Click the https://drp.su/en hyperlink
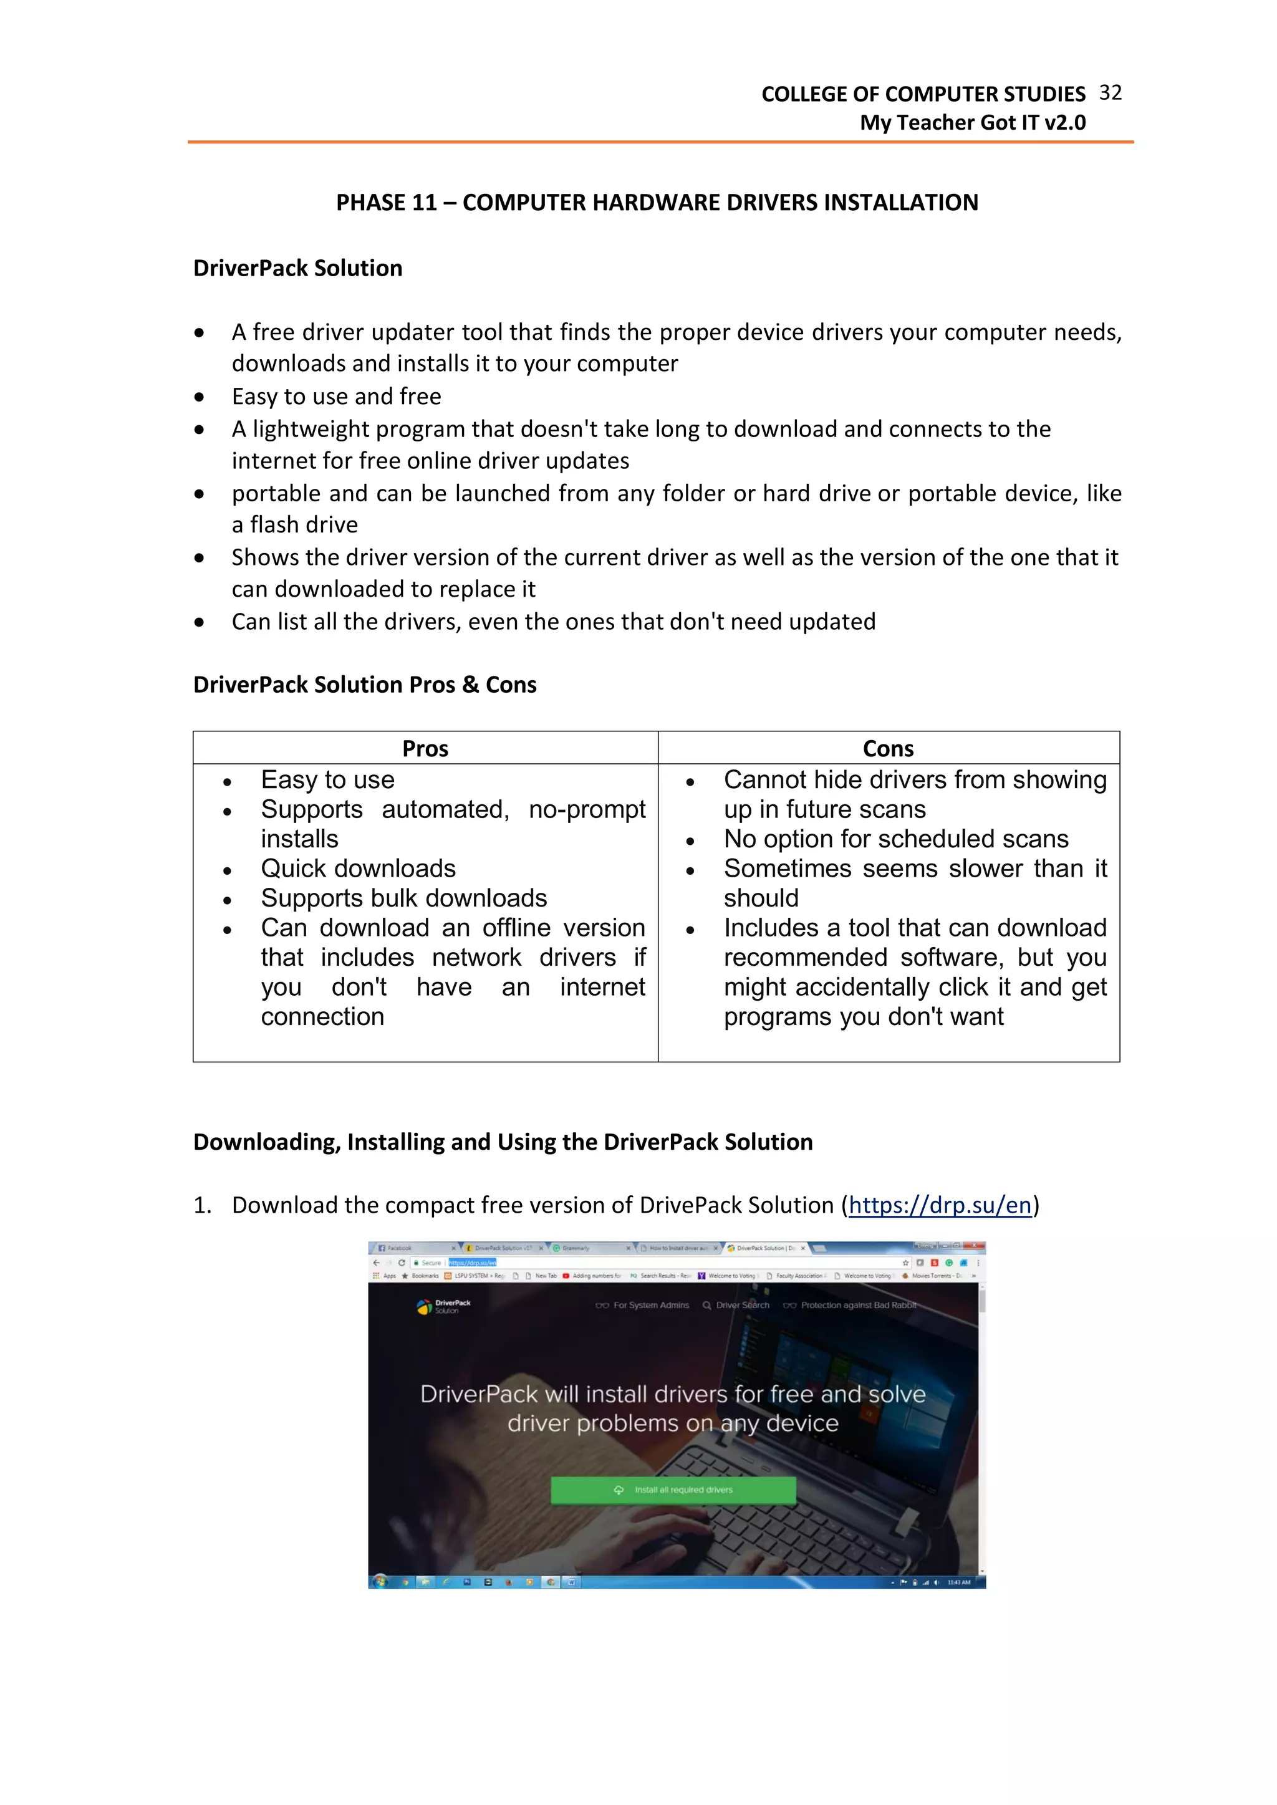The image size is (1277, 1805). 940,1205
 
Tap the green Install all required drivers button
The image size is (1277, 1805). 673,1490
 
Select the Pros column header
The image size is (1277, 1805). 425,748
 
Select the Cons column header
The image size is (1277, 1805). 888,748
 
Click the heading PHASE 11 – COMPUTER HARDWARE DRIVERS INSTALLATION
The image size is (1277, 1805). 657,203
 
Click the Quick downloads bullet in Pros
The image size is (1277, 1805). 358,869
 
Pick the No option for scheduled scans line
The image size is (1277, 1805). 895,839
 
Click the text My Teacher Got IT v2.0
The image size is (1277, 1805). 972,123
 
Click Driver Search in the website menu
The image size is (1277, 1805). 741,1305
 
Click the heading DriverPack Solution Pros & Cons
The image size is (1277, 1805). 365,685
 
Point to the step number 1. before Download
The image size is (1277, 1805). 202,1205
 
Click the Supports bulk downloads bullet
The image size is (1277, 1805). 403,898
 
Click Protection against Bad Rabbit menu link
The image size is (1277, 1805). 857,1305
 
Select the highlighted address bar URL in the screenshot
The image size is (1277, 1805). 472,1263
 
